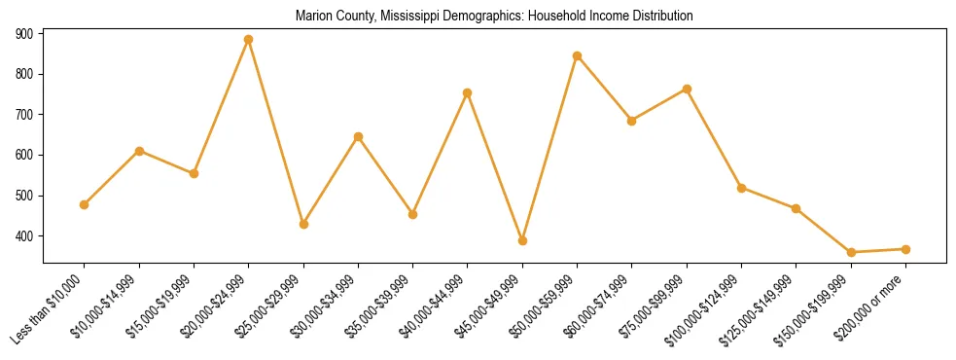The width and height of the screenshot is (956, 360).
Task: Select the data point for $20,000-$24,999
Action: (x=249, y=40)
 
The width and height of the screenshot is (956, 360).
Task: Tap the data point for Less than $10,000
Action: (x=85, y=204)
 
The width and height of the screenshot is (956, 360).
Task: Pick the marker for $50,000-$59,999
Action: (x=578, y=55)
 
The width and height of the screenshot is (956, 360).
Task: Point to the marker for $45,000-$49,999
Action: (x=522, y=240)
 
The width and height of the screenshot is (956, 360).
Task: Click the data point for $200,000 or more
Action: (x=905, y=249)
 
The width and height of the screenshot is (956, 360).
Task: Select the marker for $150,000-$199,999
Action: (x=851, y=252)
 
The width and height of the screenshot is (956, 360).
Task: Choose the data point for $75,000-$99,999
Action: (x=687, y=89)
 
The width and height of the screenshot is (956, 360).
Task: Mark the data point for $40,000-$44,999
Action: (x=468, y=92)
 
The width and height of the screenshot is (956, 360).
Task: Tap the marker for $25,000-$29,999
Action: (x=303, y=224)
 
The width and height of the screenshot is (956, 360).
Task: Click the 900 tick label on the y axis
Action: (x=24, y=33)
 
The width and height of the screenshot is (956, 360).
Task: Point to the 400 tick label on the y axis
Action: (x=24, y=236)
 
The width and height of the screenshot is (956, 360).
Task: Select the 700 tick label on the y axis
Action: (x=24, y=115)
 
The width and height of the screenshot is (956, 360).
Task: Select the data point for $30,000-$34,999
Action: (x=358, y=136)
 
